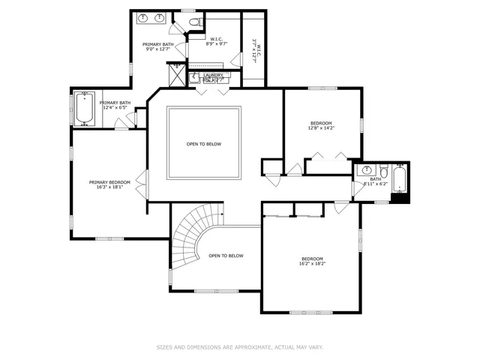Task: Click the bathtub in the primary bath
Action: pyautogui.click(x=83, y=109)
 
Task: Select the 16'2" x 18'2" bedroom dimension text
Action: pyautogui.click(x=312, y=263)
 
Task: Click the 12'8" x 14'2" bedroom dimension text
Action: pyautogui.click(x=321, y=127)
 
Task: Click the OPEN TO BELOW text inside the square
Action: pyautogui.click(x=204, y=144)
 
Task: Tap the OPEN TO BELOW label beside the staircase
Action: pyautogui.click(x=226, y=256)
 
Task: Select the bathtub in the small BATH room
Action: pyautogui.click(x=400, y=179)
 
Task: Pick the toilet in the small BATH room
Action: pyautogui.click(x=382, y=169)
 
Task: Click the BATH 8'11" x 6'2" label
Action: pyautogui.click(x=375, y=181)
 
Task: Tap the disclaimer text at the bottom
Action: pyautogui.click(x=239, y=347)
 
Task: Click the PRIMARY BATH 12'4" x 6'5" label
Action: pyautogui.click(x=115, y=105)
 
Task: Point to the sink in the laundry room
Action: pyautogui.click(x=193, y=76)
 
